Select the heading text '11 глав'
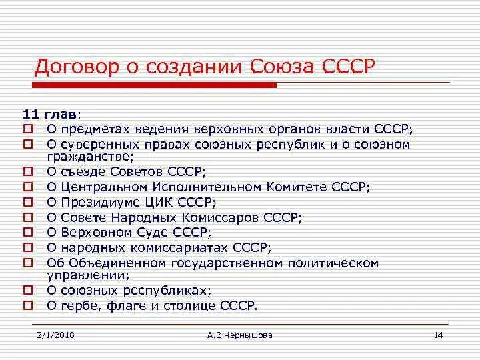(x=44, y=113)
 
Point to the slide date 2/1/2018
(x=57, y=335)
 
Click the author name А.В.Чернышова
(x=239, y=335)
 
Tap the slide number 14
(x=438, y=335)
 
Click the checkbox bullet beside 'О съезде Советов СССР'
(x=28, y=171)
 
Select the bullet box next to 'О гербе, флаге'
(x=28, y=305)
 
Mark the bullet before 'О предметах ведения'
(x=28, y=129)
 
